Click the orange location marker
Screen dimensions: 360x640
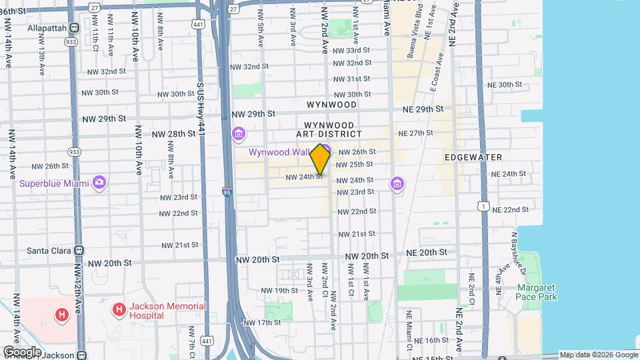point(321,159)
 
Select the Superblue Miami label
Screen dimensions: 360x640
point(54,183)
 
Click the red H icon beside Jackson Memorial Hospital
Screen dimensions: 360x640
point(119,309)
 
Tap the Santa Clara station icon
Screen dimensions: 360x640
point(79,251)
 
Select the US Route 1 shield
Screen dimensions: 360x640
point(481,207)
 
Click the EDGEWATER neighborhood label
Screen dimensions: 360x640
point(473,157)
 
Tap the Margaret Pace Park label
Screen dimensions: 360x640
point(537,292)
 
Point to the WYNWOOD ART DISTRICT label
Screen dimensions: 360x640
point(333,129)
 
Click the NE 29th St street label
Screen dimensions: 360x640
point(423,109)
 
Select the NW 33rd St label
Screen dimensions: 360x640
point(351,51)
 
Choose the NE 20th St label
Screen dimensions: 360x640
point(424,253)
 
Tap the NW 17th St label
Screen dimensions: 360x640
point(261,323)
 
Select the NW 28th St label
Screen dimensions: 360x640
point(173,134)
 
